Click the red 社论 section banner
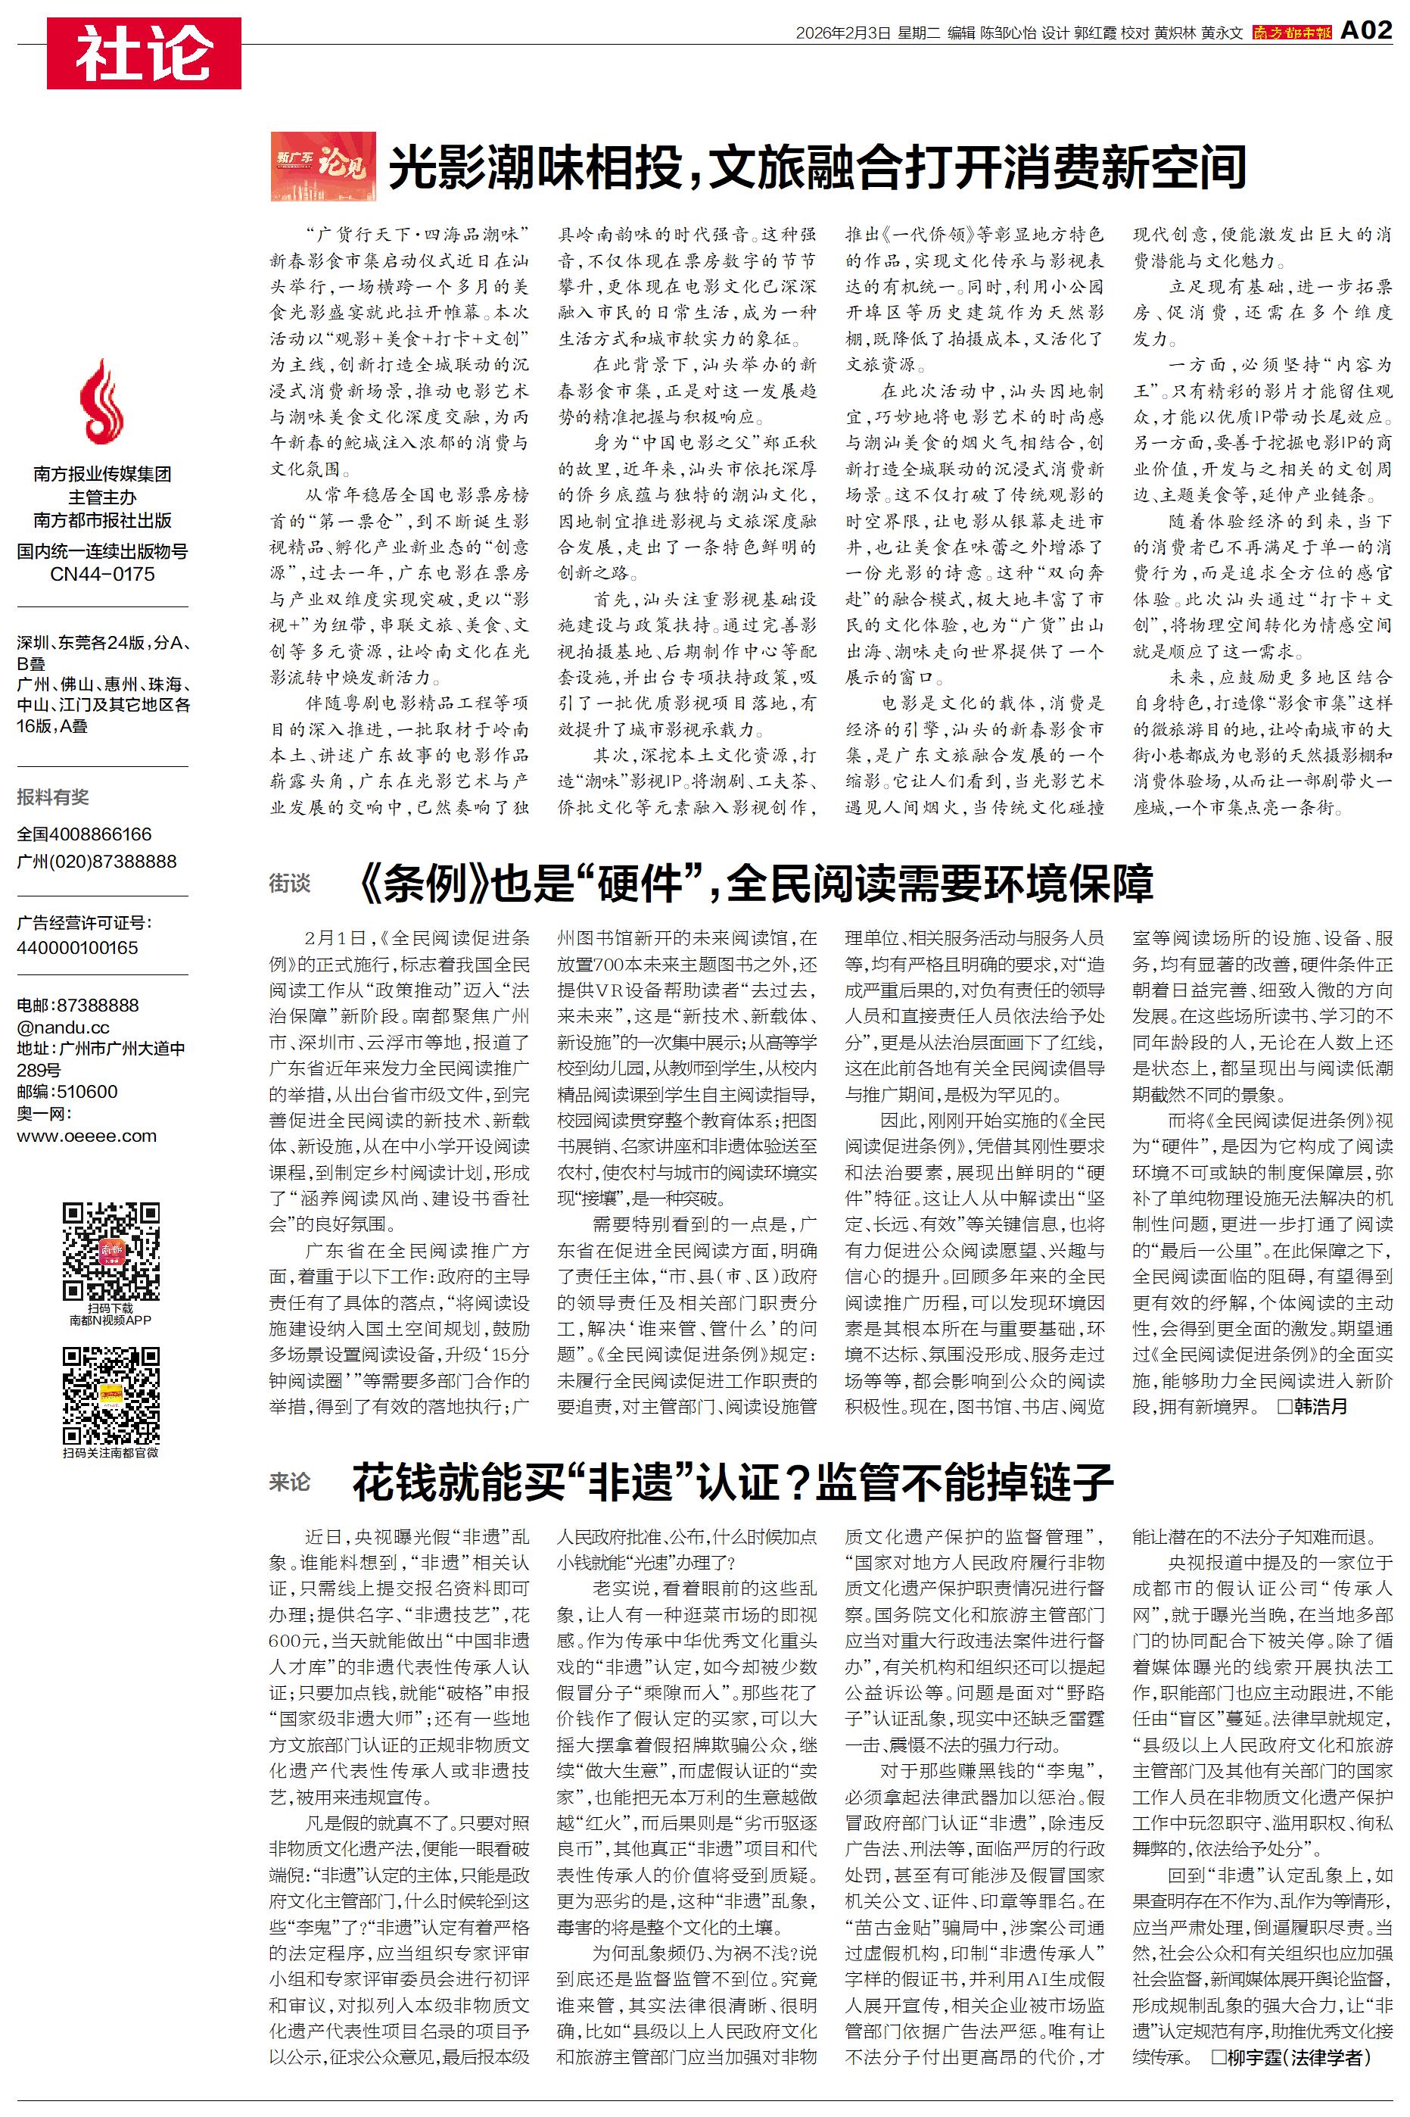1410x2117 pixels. pos(144,53)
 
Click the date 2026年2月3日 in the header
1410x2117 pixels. pos(842,33)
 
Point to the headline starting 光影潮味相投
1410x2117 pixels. pos(817,167)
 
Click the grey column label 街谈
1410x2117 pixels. pos(290,884)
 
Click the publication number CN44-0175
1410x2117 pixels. pos(102,574)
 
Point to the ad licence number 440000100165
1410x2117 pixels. pos(77,948)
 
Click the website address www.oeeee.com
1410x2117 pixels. pos(86,1136)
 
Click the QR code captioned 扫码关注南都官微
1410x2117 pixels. pos(110,1395)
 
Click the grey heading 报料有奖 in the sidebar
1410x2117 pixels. pos(53,797)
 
